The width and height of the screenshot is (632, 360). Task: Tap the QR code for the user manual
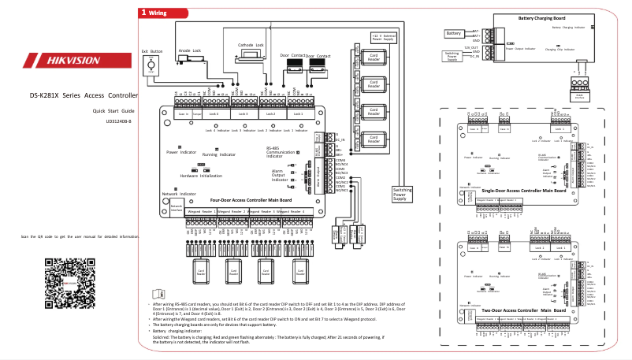click(x=64, y=284)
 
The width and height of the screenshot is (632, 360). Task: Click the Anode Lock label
click(x=190, y=50)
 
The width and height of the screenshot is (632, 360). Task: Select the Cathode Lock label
click(x=251, y=45)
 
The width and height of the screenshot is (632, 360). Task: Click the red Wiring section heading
click(x=154, y=13)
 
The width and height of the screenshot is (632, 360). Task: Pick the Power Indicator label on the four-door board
click(x=181, y=151)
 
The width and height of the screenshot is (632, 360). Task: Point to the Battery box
click(x=453, y=34)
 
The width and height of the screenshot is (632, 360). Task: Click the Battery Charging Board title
click(x=541, y=18)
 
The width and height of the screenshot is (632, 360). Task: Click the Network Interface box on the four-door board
click(x=177, y=207)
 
